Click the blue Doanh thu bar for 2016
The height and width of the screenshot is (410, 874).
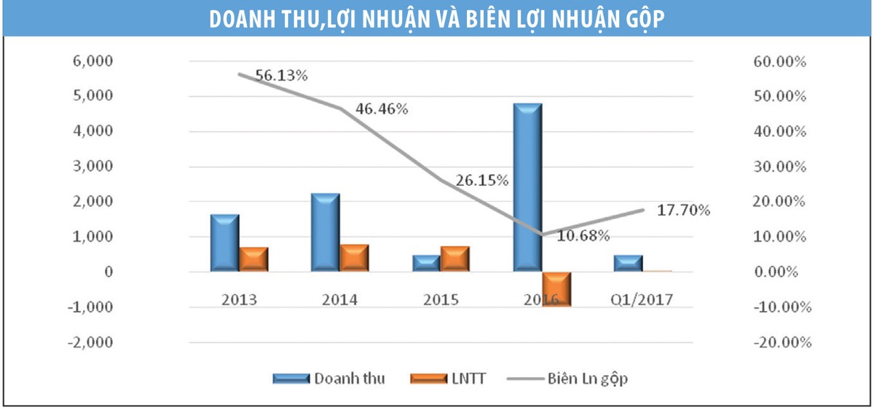coord(527,188)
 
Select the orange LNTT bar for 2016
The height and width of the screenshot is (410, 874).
coord(556,288)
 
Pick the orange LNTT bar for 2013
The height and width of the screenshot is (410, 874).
coord(253,259)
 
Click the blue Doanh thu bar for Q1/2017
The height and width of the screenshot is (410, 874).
coord(628,264)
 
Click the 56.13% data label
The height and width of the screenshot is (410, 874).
coord(281,75)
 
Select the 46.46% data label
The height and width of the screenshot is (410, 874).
coord(382,109)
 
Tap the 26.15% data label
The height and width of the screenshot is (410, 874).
coord(482,180)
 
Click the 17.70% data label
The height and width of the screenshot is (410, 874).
coord(683,210)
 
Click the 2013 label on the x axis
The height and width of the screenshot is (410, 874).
coord(240,299)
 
